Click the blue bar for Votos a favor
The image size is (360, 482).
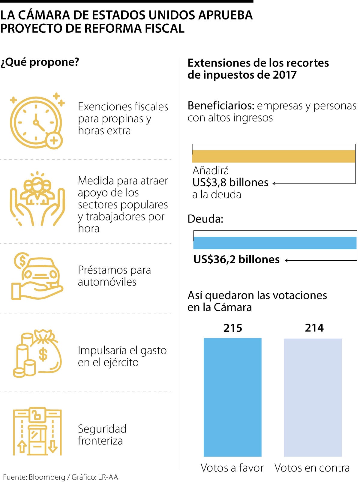pyautogui.click(x=232, y=397)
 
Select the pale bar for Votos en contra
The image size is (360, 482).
pyautogui.click(x=313, y=397)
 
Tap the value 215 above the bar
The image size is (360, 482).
pyautogui.click(x=233, y=328)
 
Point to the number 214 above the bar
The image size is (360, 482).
pyautogui.click(x=314, y=328)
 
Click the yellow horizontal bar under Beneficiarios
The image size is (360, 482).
pyautogui.click(x=274, y=156)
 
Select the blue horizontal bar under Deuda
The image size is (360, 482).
pyautogui.click(x=275, y=243)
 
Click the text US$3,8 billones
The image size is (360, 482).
pyautogui.click(x=230, y=182)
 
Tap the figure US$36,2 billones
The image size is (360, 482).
pyautogui.click(x=236, y=259)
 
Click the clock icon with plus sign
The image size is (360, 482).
pyautogui.click(x=37, y=121)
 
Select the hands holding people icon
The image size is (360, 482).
pyautogui.click(x=37, y=199)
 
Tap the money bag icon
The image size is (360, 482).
pyautogui.click(x=37, y=354)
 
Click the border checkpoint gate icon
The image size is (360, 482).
pyautogui.click(x=37, y=431)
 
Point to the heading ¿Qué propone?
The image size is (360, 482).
pyautogui.click(x=40, y=62)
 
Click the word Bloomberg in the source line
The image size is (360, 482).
pyautogui.click(x=47, y=477)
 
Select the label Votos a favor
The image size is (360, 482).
pyautogui.click(x=232, y=468)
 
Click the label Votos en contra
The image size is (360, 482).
pyautogui.click(x=312, y=468)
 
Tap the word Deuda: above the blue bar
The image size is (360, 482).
pyautogui.click(x=205, y=219)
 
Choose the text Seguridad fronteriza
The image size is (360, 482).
pyautogui.click(x=102, y=435)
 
